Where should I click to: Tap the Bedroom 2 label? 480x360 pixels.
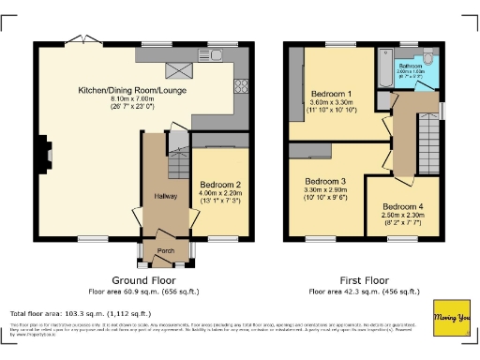click(220, 185)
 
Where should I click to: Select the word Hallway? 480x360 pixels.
click(153, 195)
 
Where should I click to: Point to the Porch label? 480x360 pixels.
click(165, 251)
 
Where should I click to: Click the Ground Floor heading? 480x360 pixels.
click(142, 280)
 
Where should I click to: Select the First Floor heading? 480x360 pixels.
click(364, 280)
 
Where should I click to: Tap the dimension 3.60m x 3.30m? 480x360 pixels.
click(330, 104)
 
